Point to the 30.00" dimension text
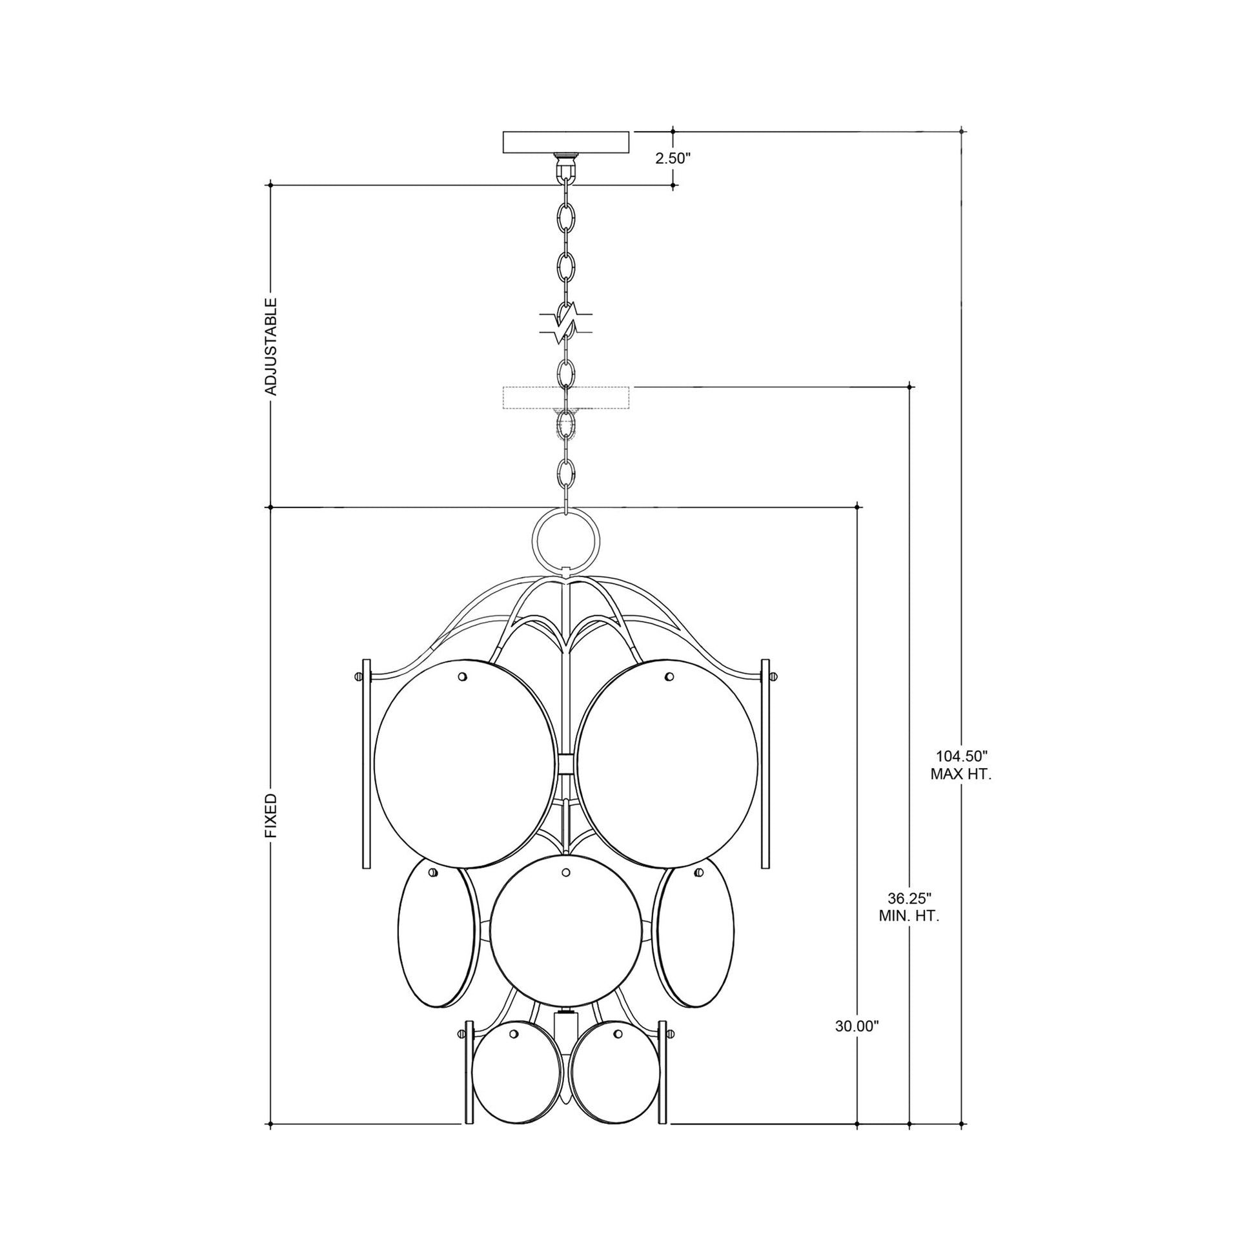857,1045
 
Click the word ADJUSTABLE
271,347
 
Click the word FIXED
271,815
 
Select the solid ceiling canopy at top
567,142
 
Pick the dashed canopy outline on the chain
567,397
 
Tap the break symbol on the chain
567,323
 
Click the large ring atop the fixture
563,538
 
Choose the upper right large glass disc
667,765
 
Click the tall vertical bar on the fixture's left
366,765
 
